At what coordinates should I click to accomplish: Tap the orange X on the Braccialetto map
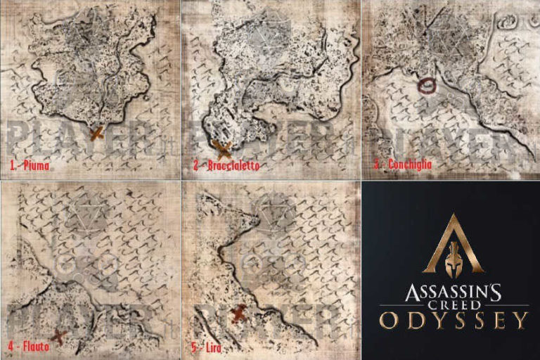[222, 148]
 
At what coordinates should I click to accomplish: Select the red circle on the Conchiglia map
[427, 86]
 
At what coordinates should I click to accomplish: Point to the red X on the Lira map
[239, 313]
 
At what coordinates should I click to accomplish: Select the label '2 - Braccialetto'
[226, 167]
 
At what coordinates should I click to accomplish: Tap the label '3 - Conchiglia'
[403, 165]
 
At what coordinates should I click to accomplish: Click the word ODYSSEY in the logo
[453, 321]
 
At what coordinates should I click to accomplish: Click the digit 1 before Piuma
[12, 167]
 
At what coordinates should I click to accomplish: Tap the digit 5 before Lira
[193, 347]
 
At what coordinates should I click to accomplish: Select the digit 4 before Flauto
[11, 347]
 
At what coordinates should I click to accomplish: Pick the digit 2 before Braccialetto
[196, 167]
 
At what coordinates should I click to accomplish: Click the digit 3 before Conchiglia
[377, 165]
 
